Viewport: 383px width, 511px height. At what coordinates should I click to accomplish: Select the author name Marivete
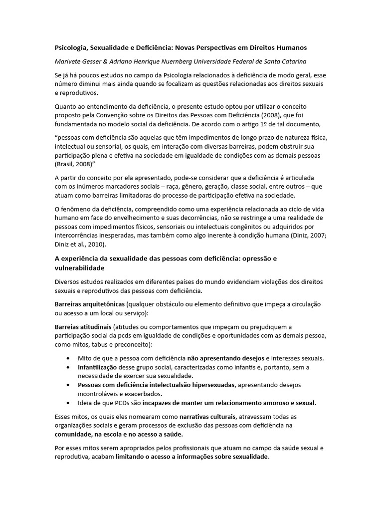point(69,61)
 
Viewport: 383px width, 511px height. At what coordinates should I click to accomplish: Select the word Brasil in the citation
point(65,164)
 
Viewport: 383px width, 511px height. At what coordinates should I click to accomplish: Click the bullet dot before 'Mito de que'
point(68,358)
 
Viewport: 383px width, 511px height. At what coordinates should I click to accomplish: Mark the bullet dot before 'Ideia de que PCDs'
point(68,403)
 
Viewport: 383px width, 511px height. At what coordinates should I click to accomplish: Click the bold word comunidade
point(75,434)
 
